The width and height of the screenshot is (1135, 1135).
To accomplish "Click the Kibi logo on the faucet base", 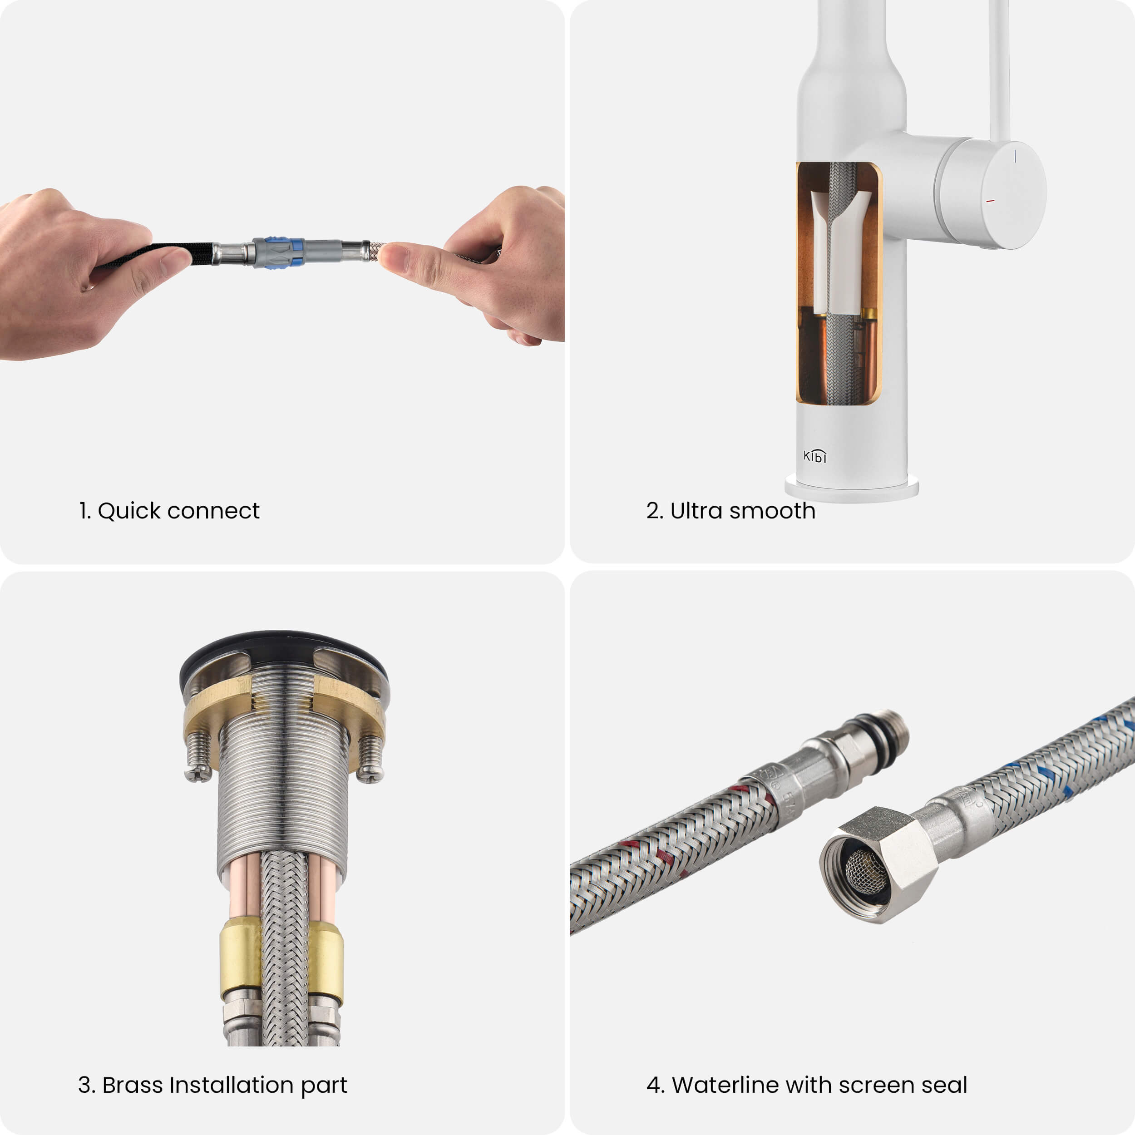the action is (x=815, y=456).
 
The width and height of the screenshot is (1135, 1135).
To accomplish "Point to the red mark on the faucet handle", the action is (x=991, y=201).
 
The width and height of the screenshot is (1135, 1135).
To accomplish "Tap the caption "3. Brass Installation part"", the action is (x=212, y=1085).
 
